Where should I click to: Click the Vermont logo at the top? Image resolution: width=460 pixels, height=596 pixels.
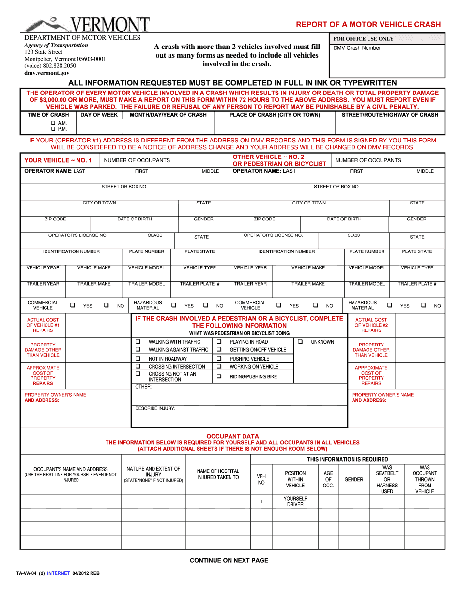(x=87, y=24)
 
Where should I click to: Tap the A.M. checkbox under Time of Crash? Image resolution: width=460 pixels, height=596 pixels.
(x=53, y=123)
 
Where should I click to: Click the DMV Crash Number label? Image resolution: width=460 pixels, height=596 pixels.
(x=357, y=48)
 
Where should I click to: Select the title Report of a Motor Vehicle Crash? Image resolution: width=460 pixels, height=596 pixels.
(x=368, y=24)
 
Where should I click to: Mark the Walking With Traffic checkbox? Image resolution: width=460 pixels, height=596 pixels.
(x=138, y=342)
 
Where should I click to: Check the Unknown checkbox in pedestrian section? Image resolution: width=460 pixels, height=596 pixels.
(x=300, y=342)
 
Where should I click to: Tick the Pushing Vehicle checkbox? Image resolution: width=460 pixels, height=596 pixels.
(x=219, y=359)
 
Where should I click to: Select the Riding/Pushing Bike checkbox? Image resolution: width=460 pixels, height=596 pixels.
(x=219, y=376)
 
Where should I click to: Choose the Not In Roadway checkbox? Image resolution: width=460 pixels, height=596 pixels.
(x=138, y=359)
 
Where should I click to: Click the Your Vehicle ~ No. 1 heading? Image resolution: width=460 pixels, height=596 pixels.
(x=58, y=160)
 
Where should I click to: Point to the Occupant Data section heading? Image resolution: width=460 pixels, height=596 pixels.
(x=232, y=436)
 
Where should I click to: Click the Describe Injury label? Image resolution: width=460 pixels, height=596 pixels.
(x=155, y=408)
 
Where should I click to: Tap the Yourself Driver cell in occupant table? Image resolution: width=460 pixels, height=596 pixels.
(x=295, y=502)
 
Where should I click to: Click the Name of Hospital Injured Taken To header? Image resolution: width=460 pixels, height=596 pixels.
(x=218, y=474)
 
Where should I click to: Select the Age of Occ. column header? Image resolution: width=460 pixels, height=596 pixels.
(x=328, y=479)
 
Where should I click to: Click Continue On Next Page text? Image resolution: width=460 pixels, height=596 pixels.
(x=229, y=560)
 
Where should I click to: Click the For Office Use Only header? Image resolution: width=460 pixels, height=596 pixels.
(x=363, y=39)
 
